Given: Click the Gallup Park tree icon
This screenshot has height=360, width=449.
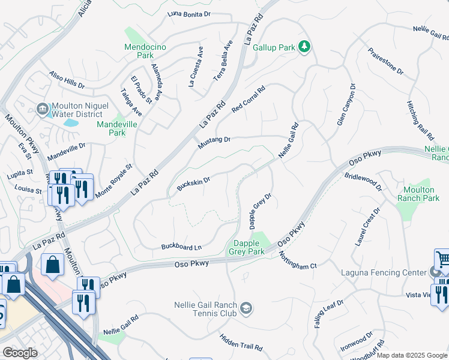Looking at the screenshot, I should [x=304, y=47].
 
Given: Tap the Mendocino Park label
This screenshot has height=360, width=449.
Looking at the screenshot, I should [x=139, y=51].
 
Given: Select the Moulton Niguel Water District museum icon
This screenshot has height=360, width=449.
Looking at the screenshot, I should [x=42, y=109].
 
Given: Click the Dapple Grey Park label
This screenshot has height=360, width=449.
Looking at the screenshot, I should [x=246, y=248].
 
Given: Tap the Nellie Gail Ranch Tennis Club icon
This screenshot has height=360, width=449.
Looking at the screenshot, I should [x=246, y=309].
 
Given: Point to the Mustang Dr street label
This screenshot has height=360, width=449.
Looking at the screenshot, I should [x=214, y=143].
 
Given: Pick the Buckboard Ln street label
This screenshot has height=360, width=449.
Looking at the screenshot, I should [x=181, y=247].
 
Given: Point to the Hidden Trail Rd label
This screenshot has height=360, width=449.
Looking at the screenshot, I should [x=241, y=343].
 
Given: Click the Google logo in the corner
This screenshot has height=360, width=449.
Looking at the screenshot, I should [x=20, y=353].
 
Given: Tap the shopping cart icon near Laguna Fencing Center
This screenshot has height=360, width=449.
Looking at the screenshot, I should [x=442, y=259].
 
